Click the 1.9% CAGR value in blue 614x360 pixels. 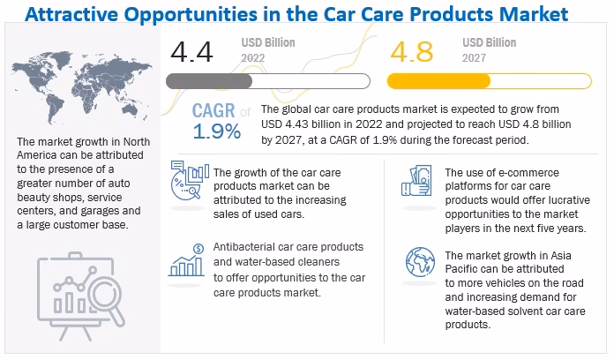pos(216,131)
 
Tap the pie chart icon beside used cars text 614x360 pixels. pos(188,184)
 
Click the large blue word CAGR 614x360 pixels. pos(214,111)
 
